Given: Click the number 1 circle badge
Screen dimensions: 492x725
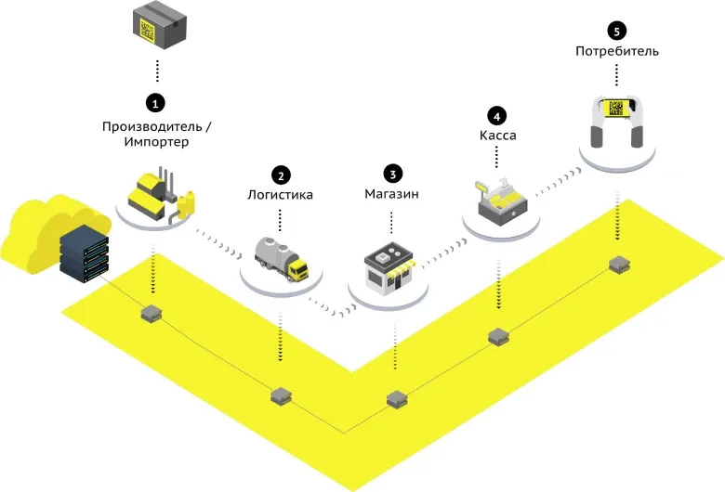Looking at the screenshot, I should pyautogui.click(x=156, y=100).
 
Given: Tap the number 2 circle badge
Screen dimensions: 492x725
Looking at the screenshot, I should pyautogui.click(x=280, y=174).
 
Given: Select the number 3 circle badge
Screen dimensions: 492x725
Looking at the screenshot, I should pyautogui.click(x=392, y=174).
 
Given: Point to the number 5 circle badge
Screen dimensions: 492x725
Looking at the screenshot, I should pyautogui.click(x=616, y=30).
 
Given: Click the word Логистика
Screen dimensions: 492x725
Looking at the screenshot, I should pyautogui.click(x=280, y=196).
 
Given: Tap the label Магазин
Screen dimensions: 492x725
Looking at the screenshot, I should pyautogui.click(x=392, y=196).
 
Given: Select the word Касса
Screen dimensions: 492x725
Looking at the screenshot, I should pyautogui.click(x=497, y=136).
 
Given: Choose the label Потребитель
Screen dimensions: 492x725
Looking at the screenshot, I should pyautogui.click(x=616, y=51).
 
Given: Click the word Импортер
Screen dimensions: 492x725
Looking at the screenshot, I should pyautogui.click(x=156, y=142).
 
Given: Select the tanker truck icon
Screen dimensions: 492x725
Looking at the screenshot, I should pyautogui.click(x=281, y=256).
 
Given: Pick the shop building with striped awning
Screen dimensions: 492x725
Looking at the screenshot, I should pyautogui.click(x=389, y=269).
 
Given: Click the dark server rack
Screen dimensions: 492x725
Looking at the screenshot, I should pyautogui.click(x=84, y=252).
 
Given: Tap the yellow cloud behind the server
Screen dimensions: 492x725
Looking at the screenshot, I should pyautogui.click(x=37, y=227).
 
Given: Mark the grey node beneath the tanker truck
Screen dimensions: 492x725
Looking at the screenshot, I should pyautogui.click(x=281, y=396).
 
